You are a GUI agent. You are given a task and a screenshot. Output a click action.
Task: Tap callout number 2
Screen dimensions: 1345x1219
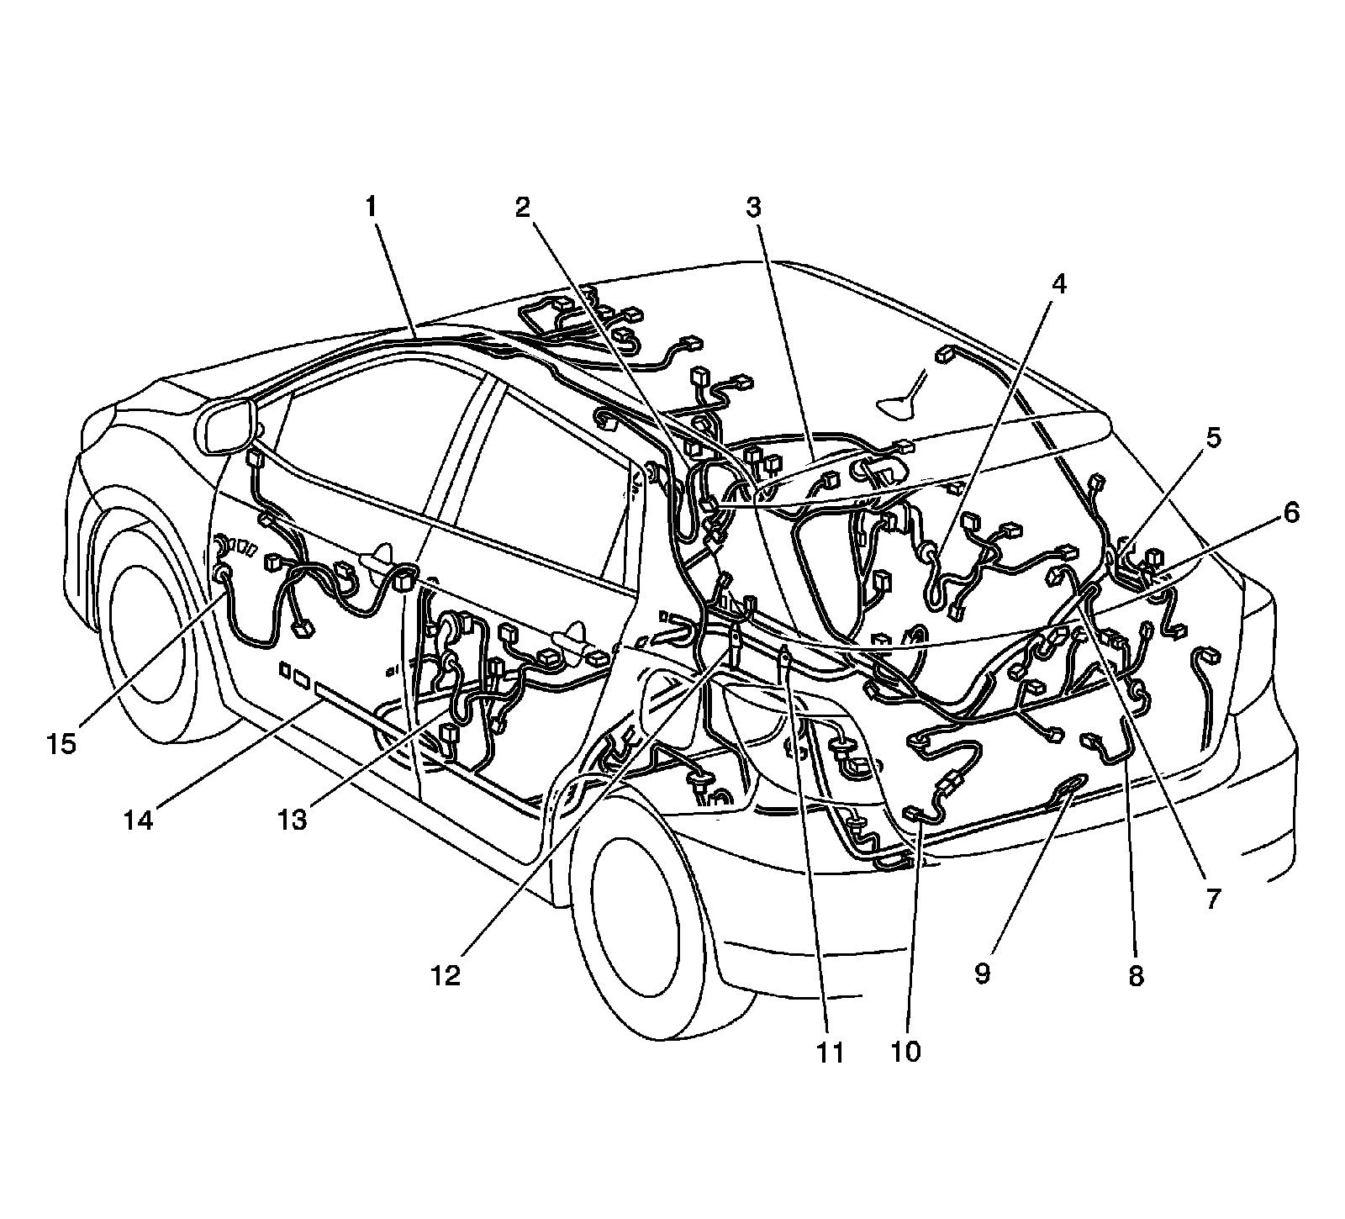(524, 207)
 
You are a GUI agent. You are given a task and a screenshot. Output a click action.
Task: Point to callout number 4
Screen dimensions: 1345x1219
(1058, 284)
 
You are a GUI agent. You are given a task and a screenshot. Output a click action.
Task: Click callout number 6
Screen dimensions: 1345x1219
(1290, 512)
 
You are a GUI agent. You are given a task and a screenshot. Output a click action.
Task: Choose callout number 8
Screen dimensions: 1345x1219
(1136, 975)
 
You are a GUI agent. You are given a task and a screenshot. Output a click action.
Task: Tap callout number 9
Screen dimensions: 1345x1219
(983, 974)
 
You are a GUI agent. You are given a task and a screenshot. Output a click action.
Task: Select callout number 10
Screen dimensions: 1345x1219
(907, 1051)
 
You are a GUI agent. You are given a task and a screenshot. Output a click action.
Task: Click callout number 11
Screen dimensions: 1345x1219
(831, 1051)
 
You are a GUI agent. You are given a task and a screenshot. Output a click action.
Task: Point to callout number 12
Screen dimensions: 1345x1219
(447, 975)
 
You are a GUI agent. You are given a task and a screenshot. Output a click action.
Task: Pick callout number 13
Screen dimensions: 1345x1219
(293, 820)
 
